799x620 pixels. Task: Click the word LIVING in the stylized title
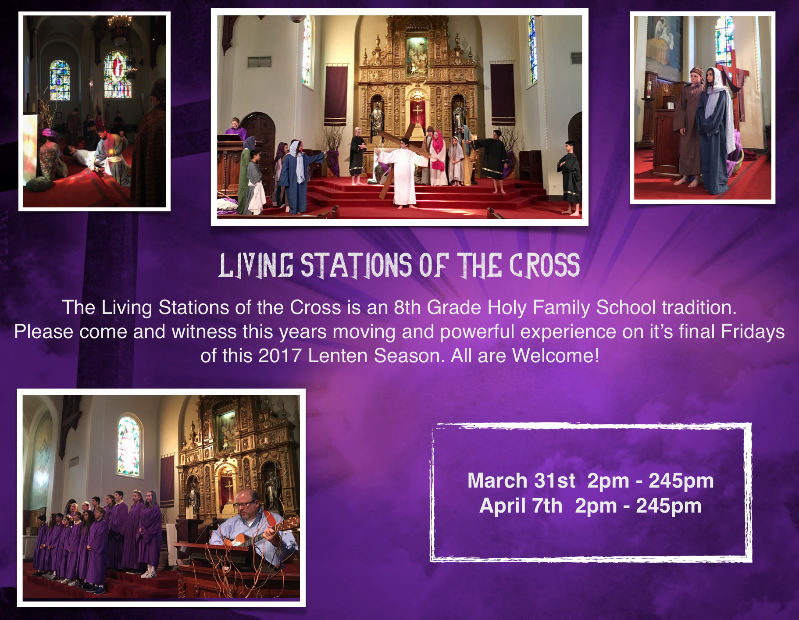(x=256, y=266)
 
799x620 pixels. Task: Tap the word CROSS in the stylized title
(x=544, y=266)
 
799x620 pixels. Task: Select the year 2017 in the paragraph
(x=280, y=356)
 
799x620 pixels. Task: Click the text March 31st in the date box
(x=521, y=481)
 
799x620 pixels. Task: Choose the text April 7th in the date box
(x=521, y=506)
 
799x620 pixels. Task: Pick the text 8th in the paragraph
(x=407, y=307)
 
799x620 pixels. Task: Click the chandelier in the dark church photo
(x=120, y=29)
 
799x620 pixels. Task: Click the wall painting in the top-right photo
(x=664, y=44)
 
